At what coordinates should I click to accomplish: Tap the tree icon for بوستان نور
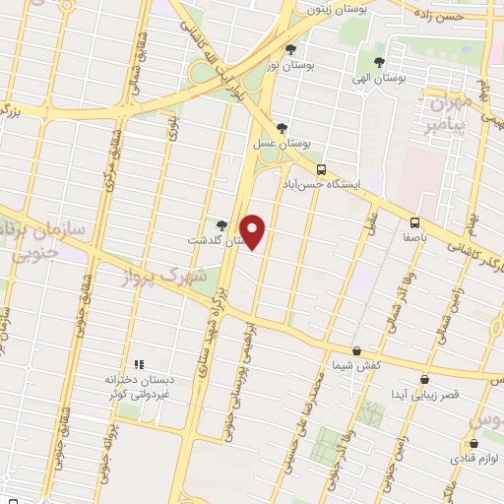[x=289, y=48]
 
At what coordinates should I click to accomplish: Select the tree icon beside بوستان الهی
[x=379, y=61]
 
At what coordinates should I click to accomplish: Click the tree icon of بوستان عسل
[x=283, y=127]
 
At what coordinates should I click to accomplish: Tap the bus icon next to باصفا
[x=414, y=222]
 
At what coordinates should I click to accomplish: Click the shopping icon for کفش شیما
[x=355, y=350]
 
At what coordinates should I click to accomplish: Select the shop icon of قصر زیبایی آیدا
[x=424, y=379]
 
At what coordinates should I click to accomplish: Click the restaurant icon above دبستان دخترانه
[x=138, y=363]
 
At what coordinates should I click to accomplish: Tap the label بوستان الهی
[x=379, y=76]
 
